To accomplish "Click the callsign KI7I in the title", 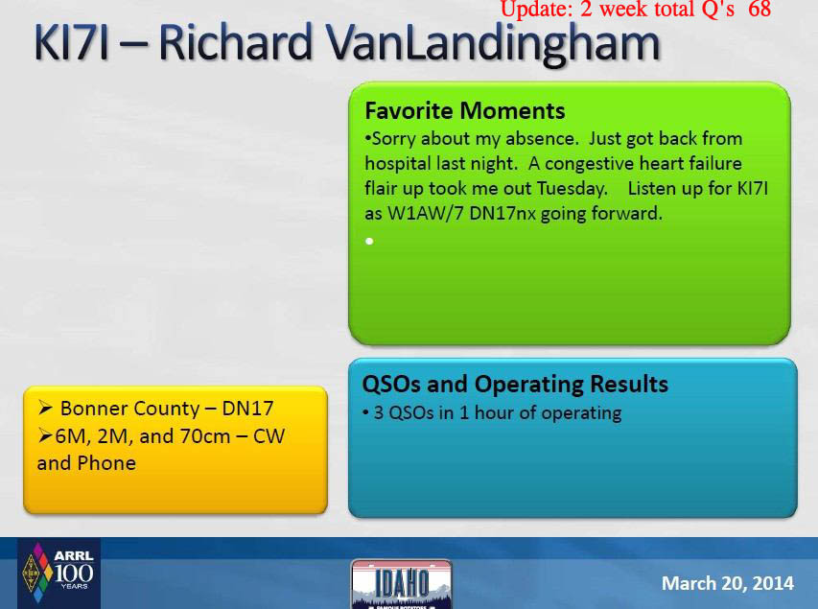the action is [x=72, y=42].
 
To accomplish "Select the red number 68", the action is [x=760, y=9].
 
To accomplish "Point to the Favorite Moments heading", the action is [x=465, y=110].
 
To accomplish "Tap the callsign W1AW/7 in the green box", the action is [x=425, y=214].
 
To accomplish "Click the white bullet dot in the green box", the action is [x=369, y=241].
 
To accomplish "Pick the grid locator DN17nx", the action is [x=502, y=214].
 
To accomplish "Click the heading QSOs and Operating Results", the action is [x=515, y=385].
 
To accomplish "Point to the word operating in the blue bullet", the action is [x=580, y=413].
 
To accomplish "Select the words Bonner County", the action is [x=129, y=409].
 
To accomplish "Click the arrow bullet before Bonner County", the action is [x=45, y=409].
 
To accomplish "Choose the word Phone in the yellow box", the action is [x=106, y=463].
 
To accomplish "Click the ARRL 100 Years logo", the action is [x=59, y=574].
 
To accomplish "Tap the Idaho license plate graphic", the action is [x=402, y=584].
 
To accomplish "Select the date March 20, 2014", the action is [x=728, y=583].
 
